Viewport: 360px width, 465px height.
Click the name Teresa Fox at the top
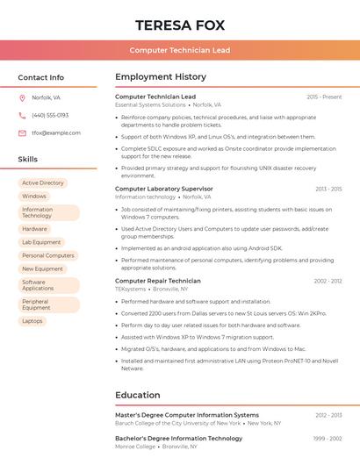point(180,25)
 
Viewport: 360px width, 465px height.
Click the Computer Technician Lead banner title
point(180,50)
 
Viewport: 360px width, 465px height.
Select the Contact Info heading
point(41,77)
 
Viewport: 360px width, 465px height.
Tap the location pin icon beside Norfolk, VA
point(22,97)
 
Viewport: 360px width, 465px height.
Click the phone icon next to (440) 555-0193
point(22,115)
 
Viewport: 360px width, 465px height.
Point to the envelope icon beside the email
point(22,133)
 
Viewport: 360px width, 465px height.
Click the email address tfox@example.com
point(56,133)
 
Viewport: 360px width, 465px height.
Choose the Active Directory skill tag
point(43,182)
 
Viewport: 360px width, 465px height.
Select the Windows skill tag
point(34,196)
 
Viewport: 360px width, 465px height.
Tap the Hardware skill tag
point(35,229)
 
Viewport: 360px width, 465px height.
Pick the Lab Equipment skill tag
point(41,242)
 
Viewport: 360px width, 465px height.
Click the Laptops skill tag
point(32,321)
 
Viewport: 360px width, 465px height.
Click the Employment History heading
point(161,77)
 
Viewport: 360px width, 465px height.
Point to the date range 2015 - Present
point(324,97)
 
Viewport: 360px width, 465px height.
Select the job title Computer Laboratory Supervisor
point(164,189)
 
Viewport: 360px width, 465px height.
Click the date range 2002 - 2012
point(328,281)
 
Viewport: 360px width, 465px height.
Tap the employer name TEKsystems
point(131,289)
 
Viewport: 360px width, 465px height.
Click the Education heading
point(138,395)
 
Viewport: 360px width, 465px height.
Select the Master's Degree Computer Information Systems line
point(187,415)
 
